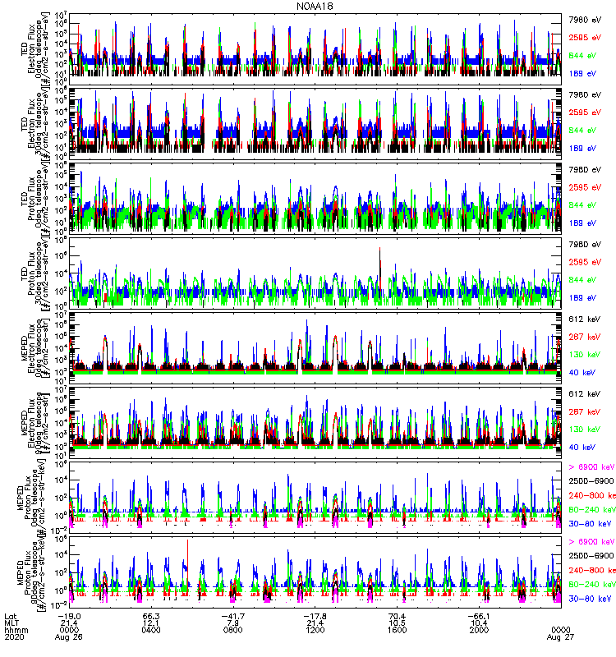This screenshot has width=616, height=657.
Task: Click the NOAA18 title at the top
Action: tap(308, 6)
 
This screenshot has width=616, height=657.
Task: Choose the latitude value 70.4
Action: tap(398, 613)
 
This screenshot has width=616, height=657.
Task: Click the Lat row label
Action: tap(11, 613)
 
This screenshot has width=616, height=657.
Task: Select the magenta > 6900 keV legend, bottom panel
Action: tap(591, 541)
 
